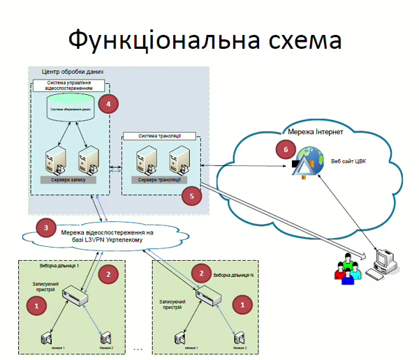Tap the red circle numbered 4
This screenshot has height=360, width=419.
[x=108, y=104]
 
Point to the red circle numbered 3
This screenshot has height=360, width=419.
[x=46, y=228]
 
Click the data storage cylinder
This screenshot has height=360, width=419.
[x=72, y=108]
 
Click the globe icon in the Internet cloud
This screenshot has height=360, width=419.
[x=304, y=159]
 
